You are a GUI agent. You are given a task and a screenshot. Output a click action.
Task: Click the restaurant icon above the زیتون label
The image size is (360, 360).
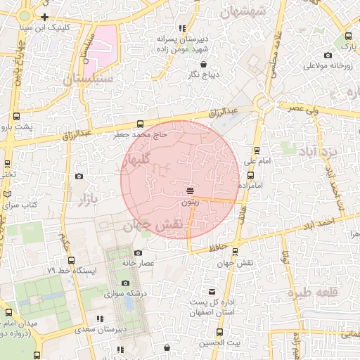tap(191, 191)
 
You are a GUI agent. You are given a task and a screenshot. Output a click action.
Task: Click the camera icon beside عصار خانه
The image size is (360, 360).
tap(138, 252)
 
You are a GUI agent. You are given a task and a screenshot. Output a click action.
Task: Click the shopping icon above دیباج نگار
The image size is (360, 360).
tap(202, 64)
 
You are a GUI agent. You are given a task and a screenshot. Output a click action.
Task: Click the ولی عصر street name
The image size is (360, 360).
tap(306, 108)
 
